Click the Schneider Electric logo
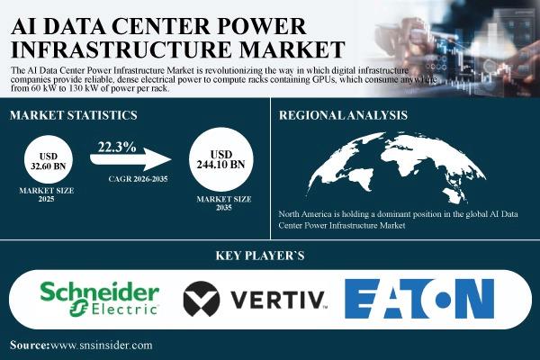pos(100,298)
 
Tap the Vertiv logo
pos(256,299)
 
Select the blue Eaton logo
pos(419,298)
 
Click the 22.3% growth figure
pos(117,147)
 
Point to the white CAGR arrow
pos(130,158)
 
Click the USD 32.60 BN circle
pos(49,159)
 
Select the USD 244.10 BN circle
pos(221,159)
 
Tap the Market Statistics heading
pos(74,115)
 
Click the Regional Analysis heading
pos(343,115)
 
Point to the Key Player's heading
pos(260,256)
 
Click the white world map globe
pos(396,167)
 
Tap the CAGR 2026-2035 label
pos(138,179)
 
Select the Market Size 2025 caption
pos(47,194)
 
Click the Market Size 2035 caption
pos(224,203)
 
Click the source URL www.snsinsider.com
pos(101,346)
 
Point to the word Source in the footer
pos(30,346)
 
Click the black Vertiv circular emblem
pos(202,299)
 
